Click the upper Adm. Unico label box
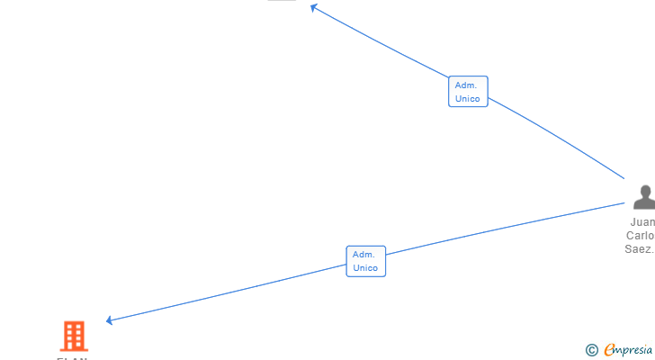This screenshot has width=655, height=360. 468,92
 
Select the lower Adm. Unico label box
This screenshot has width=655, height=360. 365,261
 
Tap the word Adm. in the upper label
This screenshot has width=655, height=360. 465,85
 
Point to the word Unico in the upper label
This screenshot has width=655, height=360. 468,99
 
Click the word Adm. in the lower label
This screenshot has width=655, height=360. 363,255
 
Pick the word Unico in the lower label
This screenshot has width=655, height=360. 365,268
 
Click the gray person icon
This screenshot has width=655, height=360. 644,196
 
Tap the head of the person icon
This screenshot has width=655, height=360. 645,190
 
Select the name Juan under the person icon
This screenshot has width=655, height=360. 642,222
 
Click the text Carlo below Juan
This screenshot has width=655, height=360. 641,236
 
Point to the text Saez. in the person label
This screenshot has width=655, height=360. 640,249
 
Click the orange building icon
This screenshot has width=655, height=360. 74,336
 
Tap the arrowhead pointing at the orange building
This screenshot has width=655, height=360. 110,320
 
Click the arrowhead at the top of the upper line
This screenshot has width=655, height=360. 314,7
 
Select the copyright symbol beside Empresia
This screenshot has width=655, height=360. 592,350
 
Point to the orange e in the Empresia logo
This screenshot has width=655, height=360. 609,350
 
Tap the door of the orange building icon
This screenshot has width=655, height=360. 74,346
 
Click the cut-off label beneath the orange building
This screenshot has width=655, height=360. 72,358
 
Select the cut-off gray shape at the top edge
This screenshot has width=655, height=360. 282,1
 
